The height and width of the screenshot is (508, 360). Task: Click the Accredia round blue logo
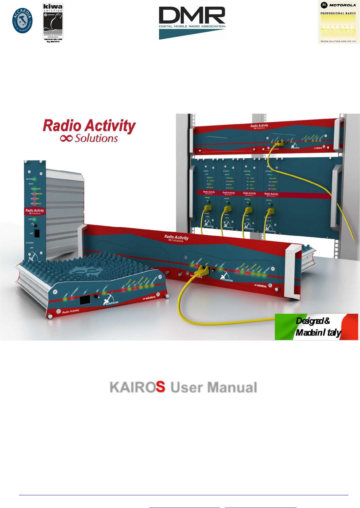tap(23, 21)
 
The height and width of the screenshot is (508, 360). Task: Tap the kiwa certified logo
tap(53, 22)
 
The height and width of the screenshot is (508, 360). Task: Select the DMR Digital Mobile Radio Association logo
tap(192, 23)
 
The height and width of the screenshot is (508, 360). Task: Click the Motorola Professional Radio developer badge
tap(338, 22)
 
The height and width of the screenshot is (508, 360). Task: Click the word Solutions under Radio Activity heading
tap(96, 138)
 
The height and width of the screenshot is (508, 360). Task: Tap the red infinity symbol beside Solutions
tap(66, 138)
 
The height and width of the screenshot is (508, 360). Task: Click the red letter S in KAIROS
tap(160, 387)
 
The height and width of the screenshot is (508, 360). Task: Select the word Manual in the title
tap(232, 387)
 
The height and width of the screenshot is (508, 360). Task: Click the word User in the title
tap(186, 387)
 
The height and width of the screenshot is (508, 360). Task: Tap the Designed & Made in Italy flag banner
tap(316, 327)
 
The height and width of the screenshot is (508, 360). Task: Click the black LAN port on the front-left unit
tap(85, 300)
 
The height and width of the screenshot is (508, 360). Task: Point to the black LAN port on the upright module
tap(37, 233)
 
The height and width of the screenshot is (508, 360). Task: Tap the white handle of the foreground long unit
tap(293, 270)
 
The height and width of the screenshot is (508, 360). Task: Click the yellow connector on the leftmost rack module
tap(208, 209)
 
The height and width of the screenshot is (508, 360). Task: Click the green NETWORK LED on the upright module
tap(35, 179)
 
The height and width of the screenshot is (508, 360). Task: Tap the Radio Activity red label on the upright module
tap(35, 211)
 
